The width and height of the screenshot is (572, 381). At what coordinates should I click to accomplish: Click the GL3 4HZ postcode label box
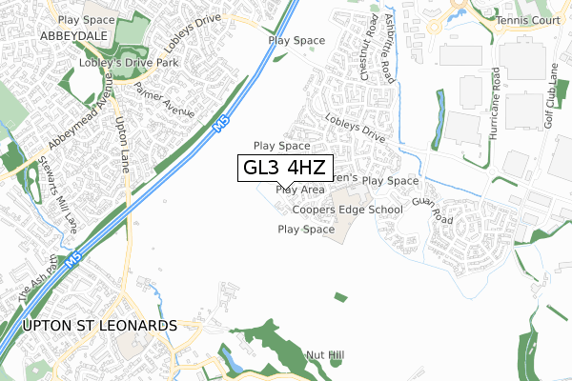tap(283, 168)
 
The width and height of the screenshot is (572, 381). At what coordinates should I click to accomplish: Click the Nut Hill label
tap(325, 355)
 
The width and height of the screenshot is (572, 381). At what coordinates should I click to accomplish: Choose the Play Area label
tap(299, 190)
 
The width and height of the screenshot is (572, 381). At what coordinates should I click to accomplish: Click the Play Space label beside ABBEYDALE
tap(86, 19)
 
